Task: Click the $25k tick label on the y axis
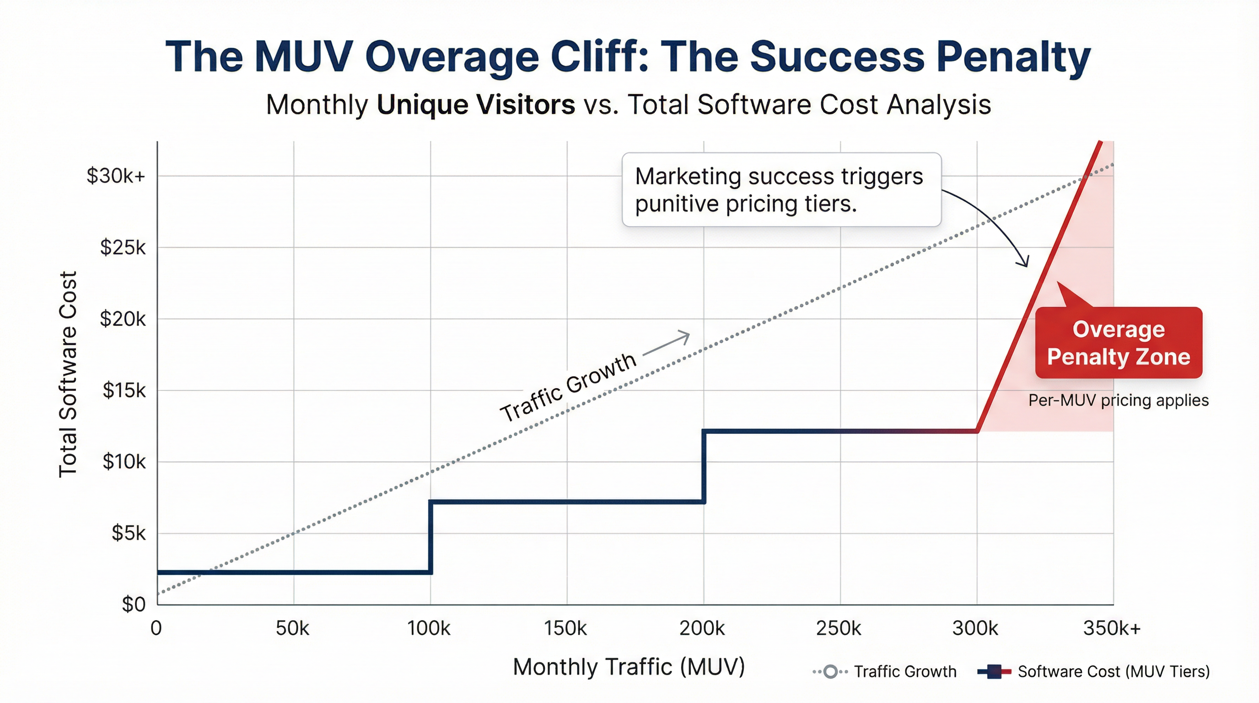pos(123,248)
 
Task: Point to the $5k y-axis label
pos(129,533)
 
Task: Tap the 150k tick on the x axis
pos(565,628)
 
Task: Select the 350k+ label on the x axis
pos(1111,628)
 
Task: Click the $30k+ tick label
pos(116,176)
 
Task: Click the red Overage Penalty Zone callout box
pos(1118,343)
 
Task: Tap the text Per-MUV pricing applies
pos(1118,400)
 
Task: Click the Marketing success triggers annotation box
pos(781,189)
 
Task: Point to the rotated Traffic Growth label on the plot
pos(568,387)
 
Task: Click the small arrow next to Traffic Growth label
pos(667,344)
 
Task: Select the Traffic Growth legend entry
pos(885,672)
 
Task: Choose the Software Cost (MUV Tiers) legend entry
pos(1093,672)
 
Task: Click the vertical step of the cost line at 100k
pos(430,537)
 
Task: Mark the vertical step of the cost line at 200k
pos(704,466)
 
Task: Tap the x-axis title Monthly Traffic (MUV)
pos(629,667)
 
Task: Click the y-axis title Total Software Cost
pos(68,374)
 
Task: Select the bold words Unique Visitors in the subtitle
pos(475,105)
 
